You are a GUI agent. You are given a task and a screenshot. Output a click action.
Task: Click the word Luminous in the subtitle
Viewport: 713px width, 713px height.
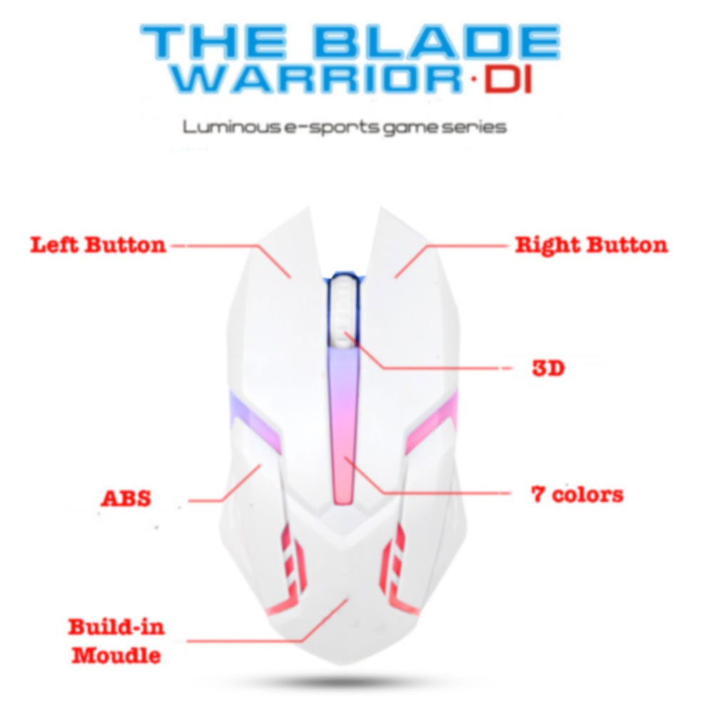pyautogui.click(x=227, y=128)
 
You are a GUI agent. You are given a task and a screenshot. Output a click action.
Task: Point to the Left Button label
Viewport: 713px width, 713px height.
pyautogui.click(x=98, y=245)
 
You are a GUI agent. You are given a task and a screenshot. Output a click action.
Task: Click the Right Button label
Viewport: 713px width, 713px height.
pyautogui.click(x=591, y=245)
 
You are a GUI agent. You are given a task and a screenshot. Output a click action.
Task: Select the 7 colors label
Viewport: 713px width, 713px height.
pyautogui.click(x=577, y=493)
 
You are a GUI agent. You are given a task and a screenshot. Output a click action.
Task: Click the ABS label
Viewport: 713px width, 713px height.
pyautogui.click(x=125, y=498)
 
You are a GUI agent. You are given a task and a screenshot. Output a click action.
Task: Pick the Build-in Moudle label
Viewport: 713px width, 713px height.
pyautogui.click(x=116, y=641)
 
